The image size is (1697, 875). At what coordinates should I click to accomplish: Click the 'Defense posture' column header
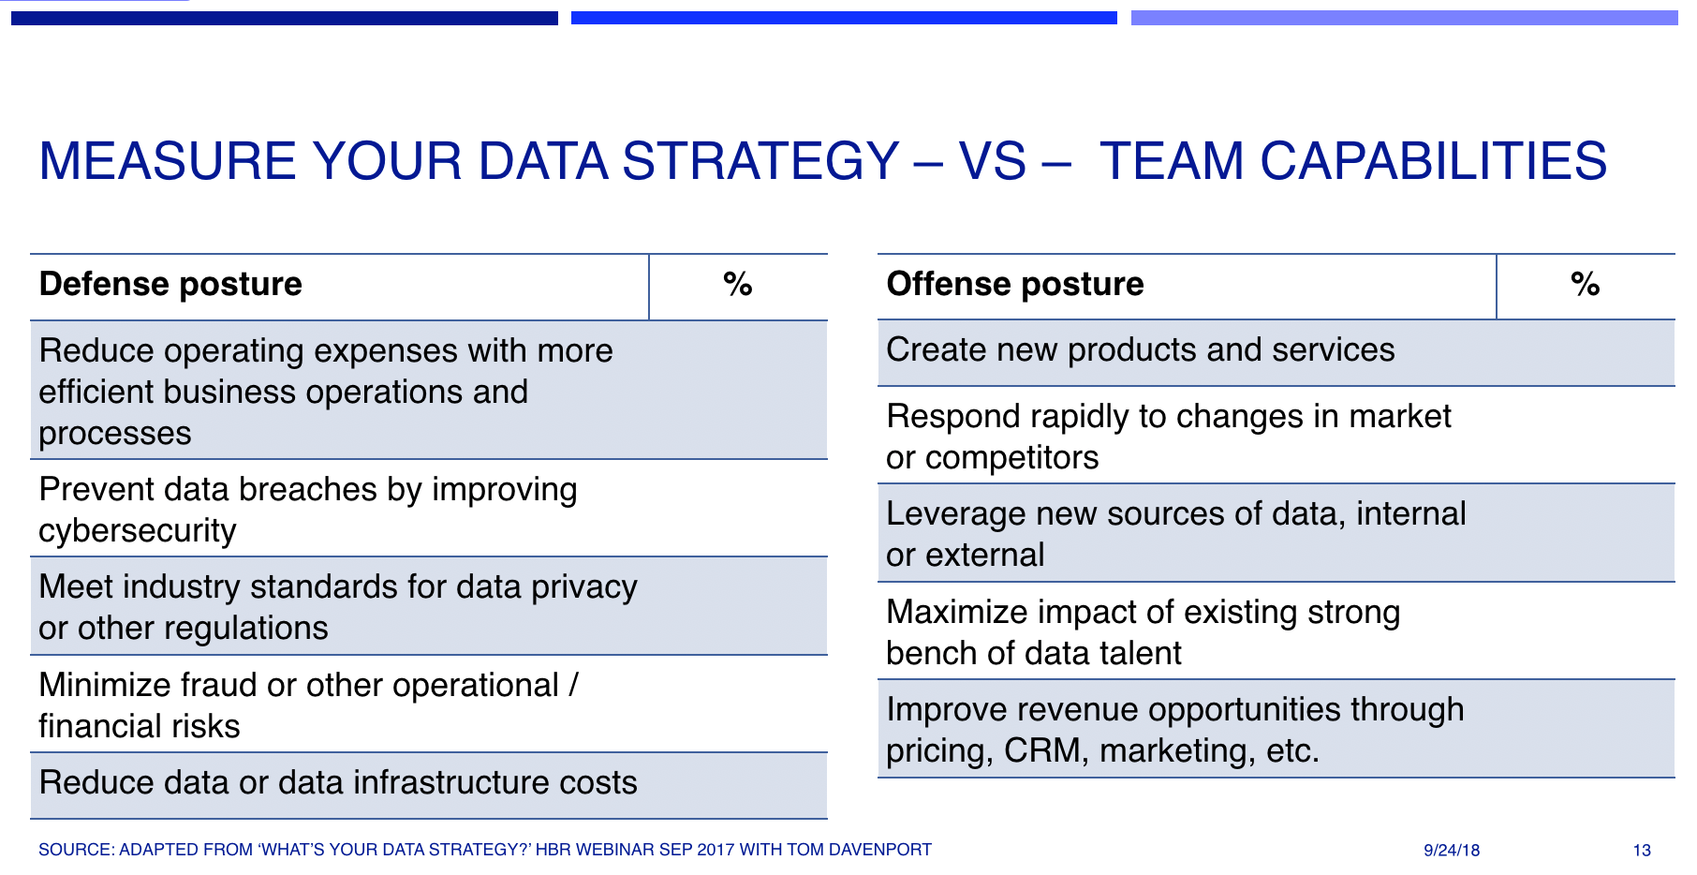[170, 284]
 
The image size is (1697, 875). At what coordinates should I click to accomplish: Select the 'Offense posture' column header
[1015, 284]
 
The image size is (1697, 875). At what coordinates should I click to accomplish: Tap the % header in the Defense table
[738, 285]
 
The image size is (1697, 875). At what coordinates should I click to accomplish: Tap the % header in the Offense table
[1585, 285]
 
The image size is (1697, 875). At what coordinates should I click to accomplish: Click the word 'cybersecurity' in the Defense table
[138, 531]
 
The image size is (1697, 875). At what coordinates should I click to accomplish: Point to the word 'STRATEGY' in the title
[760, 161]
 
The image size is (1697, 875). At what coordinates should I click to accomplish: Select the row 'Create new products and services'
[1140, 350]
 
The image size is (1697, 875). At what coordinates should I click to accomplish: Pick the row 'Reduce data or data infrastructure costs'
[338, 783]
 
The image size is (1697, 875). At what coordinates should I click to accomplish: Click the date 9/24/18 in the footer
[1452, 851]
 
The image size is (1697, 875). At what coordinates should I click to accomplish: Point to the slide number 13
[1642, 851]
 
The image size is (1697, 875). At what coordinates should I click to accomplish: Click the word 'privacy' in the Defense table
[583, 587]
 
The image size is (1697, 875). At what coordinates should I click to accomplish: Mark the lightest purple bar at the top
[1404, 18]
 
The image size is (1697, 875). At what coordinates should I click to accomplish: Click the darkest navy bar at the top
[284, 18]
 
